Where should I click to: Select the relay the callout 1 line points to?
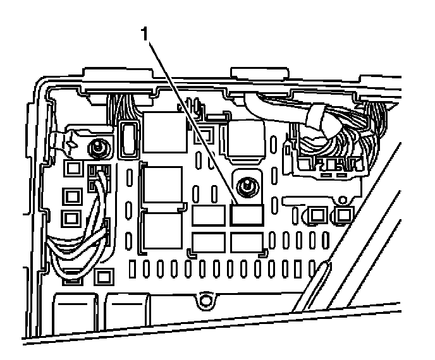[x=247, y=216]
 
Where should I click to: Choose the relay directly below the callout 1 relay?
[x=247, y=242]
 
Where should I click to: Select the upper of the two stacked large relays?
[x=161, y=186]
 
